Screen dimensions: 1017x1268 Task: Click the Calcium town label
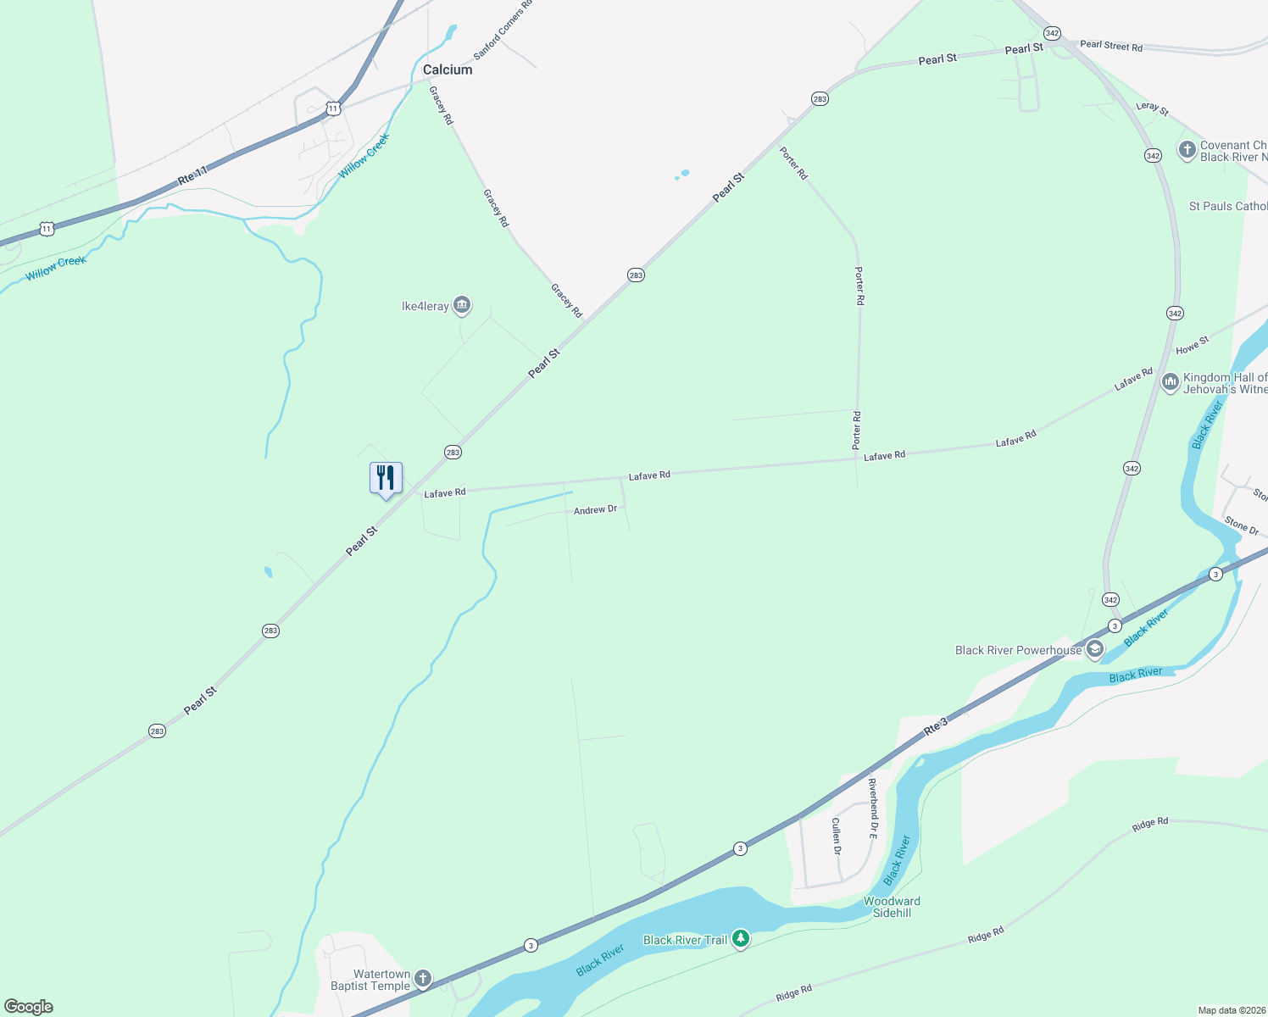pyautogui.click(x=448, y=69)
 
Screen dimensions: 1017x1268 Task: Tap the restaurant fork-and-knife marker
pyautogui.click(x=386, y=479)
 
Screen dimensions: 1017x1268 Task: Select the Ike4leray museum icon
pyautogui.click(x=462, y=305)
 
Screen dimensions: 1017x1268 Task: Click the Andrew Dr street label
pyautogui.click(x=595, y=510)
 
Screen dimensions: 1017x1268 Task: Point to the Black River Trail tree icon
pyautogui.click(x=741, y=938)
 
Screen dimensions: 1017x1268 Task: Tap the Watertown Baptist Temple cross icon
pyautogui.click(x=422, y=979)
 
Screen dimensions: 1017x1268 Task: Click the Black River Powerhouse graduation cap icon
pyautogui.click(x=1094, y=650)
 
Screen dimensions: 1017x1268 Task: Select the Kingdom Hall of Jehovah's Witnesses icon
pyautogui.click(x=1171, y=382)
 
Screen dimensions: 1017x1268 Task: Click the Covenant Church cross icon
pyautogui.click(x=1187, y=150)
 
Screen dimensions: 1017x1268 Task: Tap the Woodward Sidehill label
pyautogui.click(x=892, y=907)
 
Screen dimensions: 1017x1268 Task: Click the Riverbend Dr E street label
pyautogui.click(x=873, y=809)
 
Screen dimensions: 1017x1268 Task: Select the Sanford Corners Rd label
pyautogui.click(x=503, y=30)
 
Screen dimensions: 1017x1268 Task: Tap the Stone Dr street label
pyautogui.click(x=1242, y=526)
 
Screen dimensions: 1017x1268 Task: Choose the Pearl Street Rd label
pyautogui.click(x=1111, y=46)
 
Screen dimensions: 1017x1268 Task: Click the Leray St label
pyautogui.click(x=1152, y=108)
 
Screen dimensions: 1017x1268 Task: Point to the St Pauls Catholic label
pyautogui.click(x=1227, y=206)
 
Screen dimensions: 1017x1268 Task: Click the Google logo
pyautogui.click(x=29, y=1007)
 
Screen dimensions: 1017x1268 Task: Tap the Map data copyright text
pyautogui.click(x=1230, y=1010)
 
